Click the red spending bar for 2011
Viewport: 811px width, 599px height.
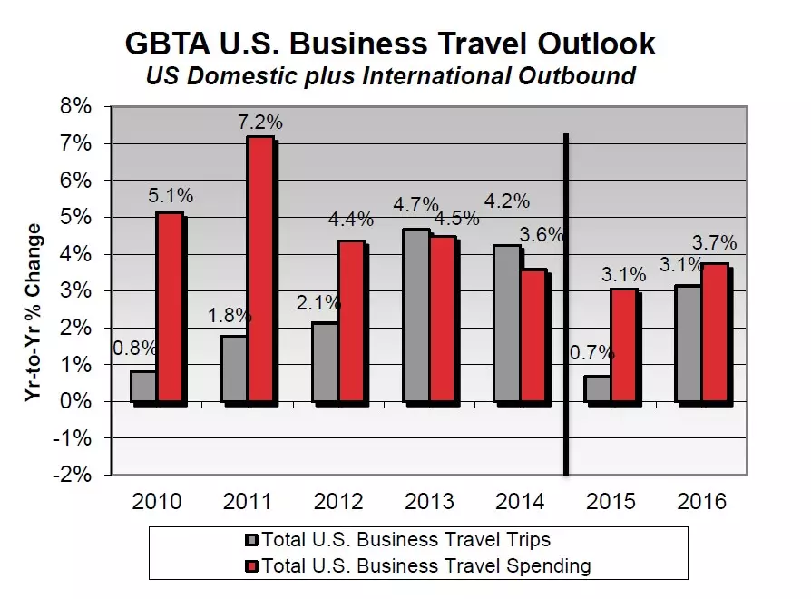coord(260,269)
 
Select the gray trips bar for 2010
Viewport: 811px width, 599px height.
coord(143,386)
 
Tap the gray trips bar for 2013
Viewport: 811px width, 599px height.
coord(416,315)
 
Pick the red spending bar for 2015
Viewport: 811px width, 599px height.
coord(623,345)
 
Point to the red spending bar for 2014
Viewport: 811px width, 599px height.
coord(533,335)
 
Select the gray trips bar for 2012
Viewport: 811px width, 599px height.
coord(326,361)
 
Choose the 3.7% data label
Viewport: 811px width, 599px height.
coord(714,244)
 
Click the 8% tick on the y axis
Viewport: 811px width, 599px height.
coord(76,106)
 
